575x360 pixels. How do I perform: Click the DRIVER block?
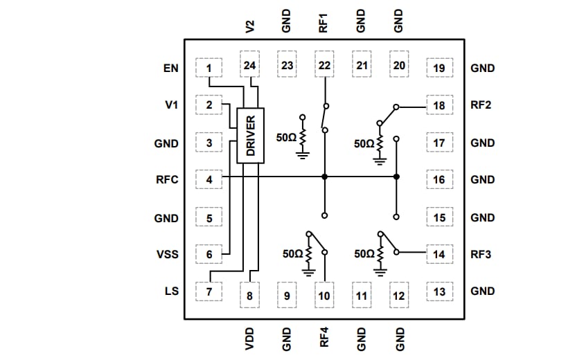click(250, 136)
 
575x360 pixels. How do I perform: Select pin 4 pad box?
click(209, 179)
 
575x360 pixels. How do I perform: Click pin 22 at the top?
click(324, 66)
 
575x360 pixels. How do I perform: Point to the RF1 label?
click(324, 25)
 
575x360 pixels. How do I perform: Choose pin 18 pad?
click(439, 106)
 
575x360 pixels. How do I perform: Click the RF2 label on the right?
click(481, 106)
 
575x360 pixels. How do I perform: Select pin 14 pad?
click(439, 254)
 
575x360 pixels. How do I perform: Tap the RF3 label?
click(481, 254)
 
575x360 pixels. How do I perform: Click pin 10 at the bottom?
click(324, 296)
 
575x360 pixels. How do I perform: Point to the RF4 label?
click(324, 337)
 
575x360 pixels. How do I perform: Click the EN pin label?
click(170, 68)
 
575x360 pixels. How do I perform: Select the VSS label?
click(167, 254)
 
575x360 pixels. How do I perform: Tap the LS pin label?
click(171, 291)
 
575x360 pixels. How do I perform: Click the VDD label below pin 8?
click(250, 337)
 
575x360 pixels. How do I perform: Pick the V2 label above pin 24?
click(250, 26)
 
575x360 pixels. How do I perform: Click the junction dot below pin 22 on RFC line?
click(324, 177)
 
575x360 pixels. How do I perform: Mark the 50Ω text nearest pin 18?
click(363, 144)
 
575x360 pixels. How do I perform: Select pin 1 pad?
click(209, 68)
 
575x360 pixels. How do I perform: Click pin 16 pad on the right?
click(439, 179)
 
